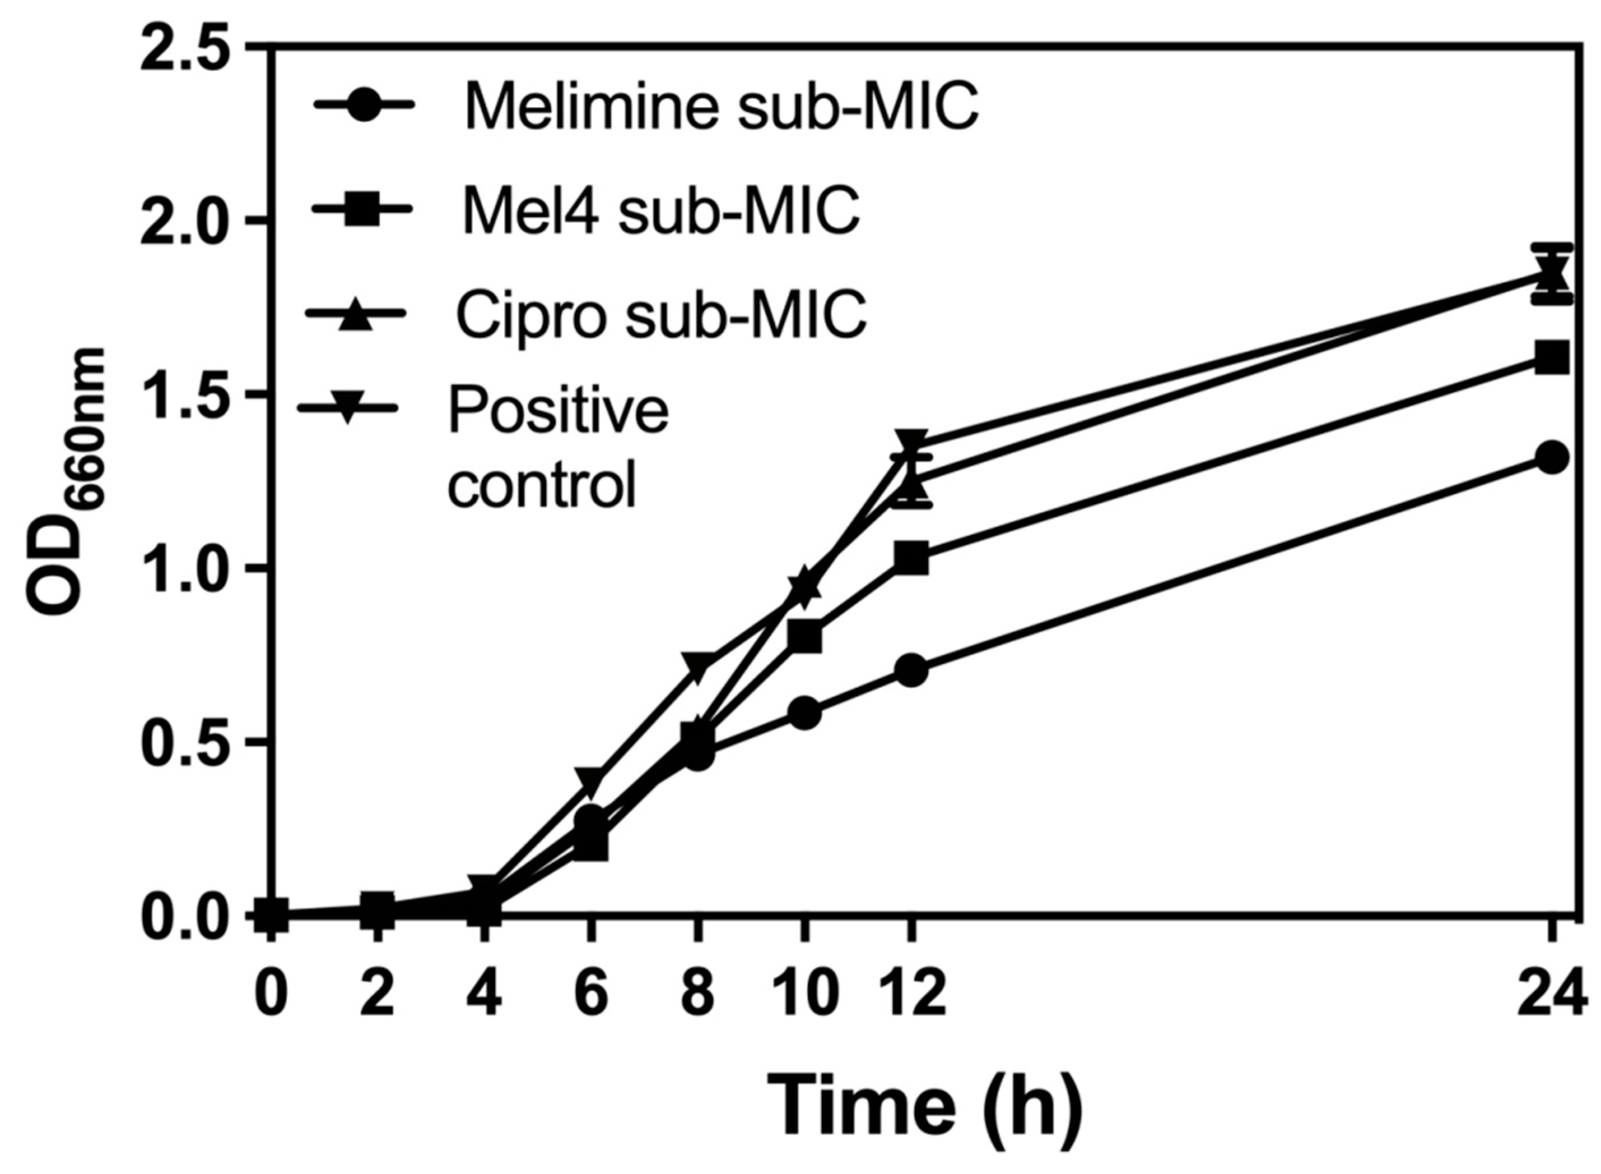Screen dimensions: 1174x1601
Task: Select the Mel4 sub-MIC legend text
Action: (x=661, y=211)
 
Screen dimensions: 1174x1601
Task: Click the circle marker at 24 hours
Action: (x=1551, y=458)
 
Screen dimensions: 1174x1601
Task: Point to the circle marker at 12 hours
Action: (x=912, y=671)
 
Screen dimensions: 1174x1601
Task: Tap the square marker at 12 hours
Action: (x=912, y=559)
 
